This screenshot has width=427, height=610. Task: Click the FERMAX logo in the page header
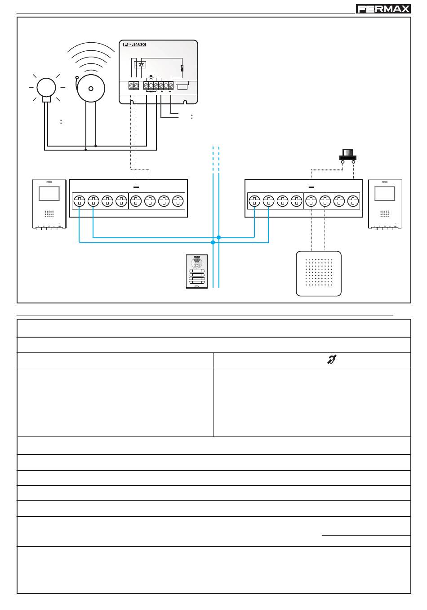point(383,9)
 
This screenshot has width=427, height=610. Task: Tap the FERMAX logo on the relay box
point(134,45)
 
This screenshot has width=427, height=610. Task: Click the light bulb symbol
point(46,87)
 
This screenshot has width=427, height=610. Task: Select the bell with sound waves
point(91,85)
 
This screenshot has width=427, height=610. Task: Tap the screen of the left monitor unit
point(49,193)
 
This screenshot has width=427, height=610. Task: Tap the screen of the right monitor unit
point(385,193)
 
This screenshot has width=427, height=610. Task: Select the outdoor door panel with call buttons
point(197,272)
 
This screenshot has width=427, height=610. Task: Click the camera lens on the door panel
point(196,262)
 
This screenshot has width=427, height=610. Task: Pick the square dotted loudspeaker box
point(319,273)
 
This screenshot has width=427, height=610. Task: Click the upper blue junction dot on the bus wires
point(219,237)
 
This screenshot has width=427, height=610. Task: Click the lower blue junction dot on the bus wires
point(213,242)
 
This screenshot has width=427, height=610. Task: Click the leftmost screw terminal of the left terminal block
point(79,201)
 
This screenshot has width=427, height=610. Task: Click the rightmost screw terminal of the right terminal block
point(353,201)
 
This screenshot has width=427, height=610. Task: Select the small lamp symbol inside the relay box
point(151,77)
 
